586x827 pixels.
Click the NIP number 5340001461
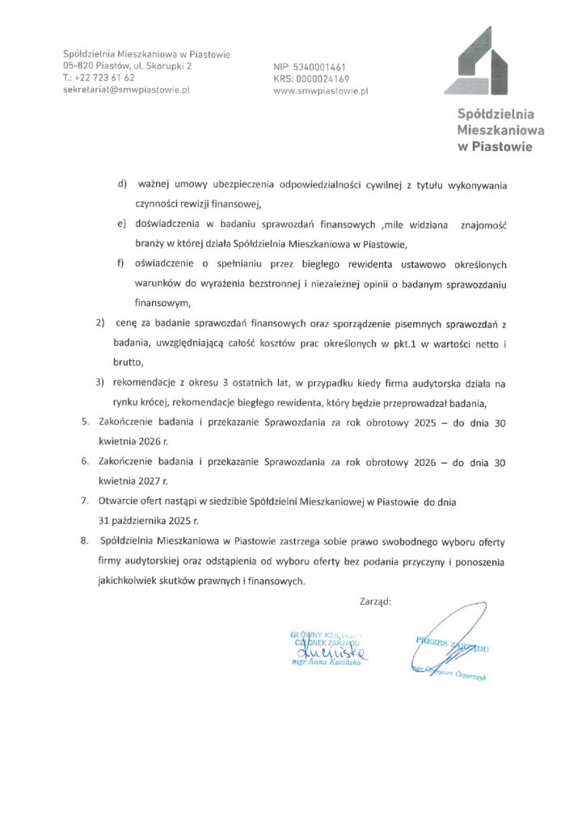(x=318, y=67)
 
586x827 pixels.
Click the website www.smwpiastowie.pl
(x=322, y=92)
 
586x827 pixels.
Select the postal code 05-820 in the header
(x=80, y=66)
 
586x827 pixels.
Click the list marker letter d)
(x=123, y=185)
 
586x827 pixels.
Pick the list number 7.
(x=86, y=501)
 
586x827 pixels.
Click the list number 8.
(x=86, y=540)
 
